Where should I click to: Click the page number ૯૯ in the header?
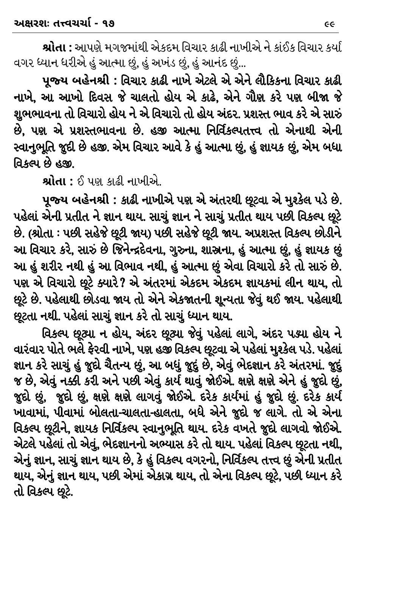pos(330,24)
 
